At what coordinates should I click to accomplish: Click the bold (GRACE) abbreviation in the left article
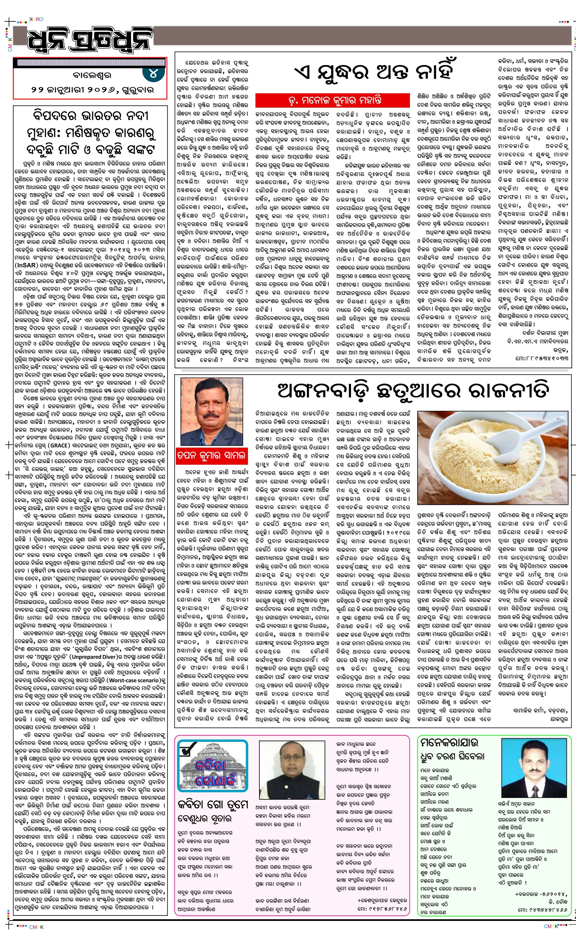[59, 445]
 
